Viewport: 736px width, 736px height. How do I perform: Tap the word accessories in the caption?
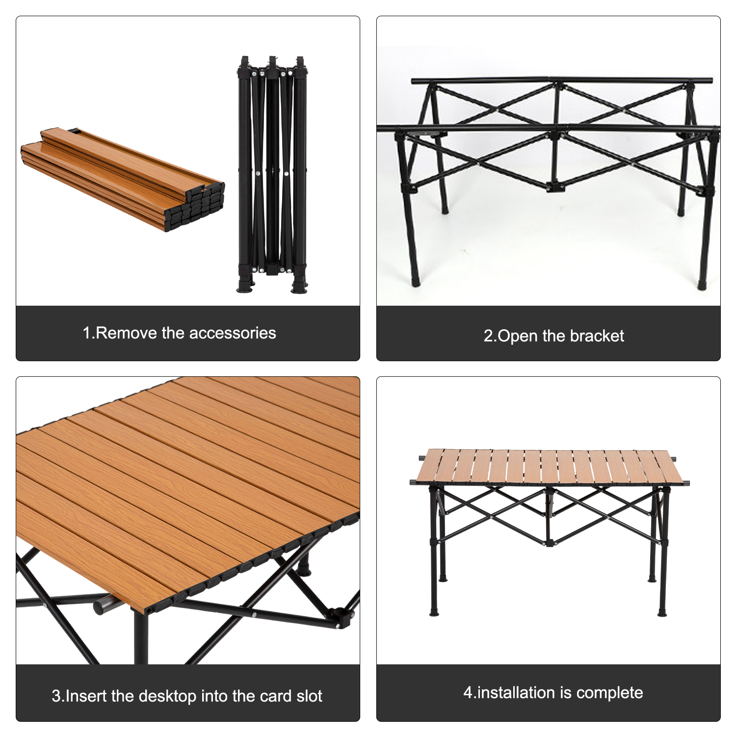click(x=233, y=333)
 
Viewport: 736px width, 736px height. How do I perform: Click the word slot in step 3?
click(x=309, y=696)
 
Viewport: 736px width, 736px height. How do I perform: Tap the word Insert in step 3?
click(x=86, y=696)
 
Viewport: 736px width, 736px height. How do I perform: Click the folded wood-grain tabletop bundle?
click(x=123, y=180)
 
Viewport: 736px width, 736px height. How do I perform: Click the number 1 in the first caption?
click(x=87, y=333)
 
